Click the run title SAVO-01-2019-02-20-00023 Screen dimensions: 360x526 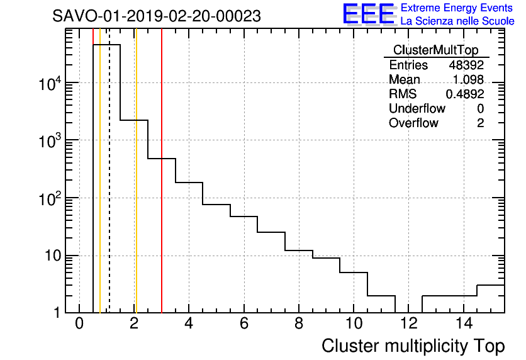(156, 16)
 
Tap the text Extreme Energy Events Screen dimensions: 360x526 (457, 8)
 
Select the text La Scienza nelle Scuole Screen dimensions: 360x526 (457, 21)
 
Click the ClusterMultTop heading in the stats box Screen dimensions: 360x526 (435, 50)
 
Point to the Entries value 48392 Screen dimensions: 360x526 (466, 65)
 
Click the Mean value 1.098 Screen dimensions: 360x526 (468, 79)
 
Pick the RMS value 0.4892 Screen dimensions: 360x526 (465, 94)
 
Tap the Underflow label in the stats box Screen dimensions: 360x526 (417, 108)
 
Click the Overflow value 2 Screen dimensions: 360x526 (480, 123)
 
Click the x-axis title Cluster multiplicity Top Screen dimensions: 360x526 (413, 346)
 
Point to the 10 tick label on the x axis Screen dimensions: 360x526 (354, 325)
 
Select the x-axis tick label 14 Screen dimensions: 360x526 (463, 325)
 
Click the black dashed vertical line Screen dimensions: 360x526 (109, 189)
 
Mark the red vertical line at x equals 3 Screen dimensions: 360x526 (162, 189)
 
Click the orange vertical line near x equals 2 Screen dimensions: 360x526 (135, 189)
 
